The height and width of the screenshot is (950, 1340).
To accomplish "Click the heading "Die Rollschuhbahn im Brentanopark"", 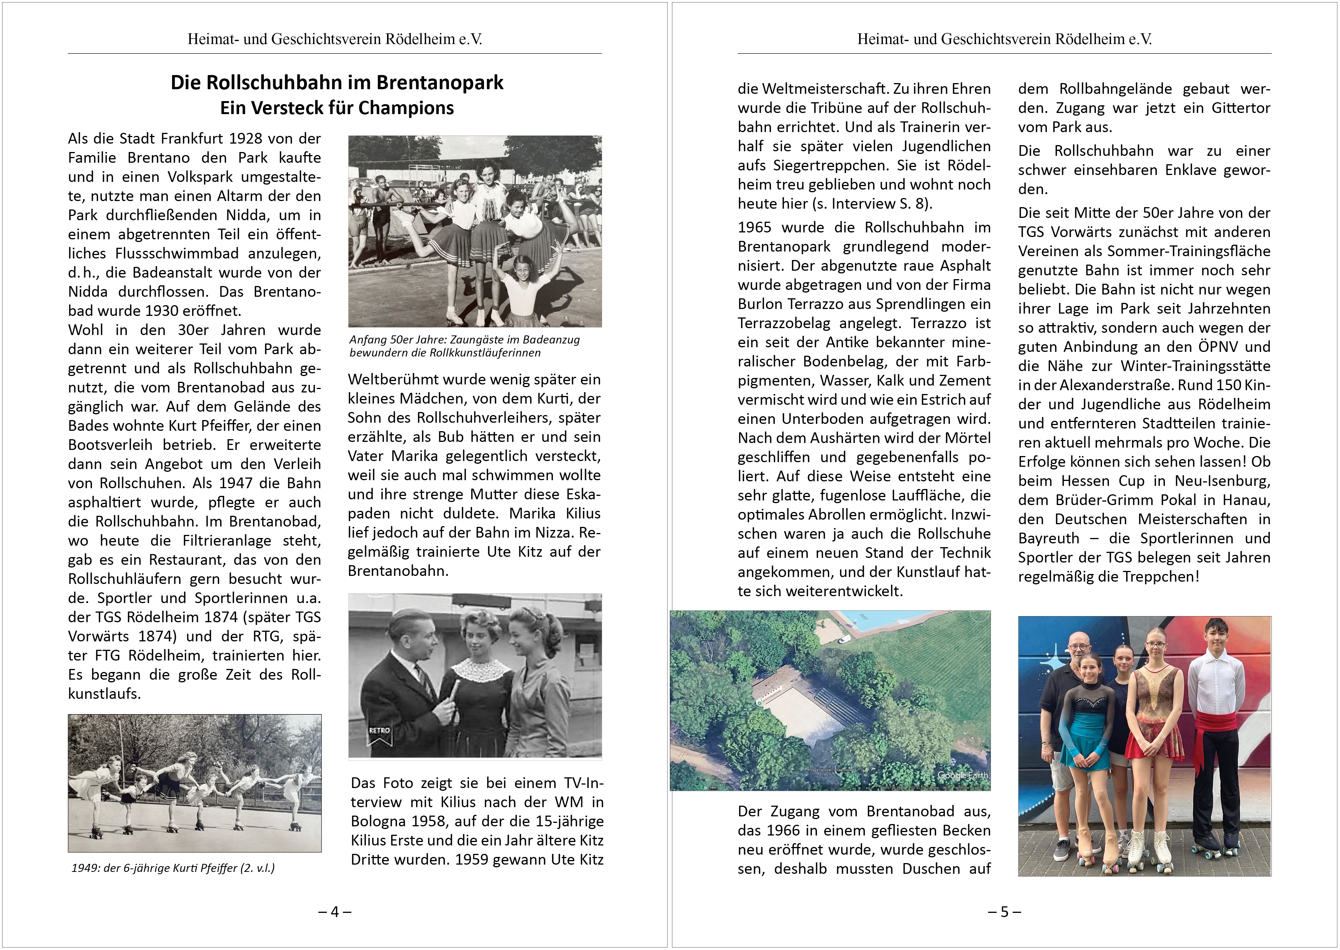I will pyautogui.click(x=336, y=82).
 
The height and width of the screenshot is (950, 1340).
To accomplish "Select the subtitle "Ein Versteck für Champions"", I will pyautogui.click(x=336, y=108).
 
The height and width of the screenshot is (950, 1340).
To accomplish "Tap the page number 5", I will pyautogui.click(x=1005, y=911).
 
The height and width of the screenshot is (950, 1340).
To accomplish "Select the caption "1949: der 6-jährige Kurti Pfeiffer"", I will pyautogui.click(x=173, y=868).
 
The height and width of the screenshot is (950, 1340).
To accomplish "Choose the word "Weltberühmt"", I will pyautogui.click(x=393, y=379).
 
